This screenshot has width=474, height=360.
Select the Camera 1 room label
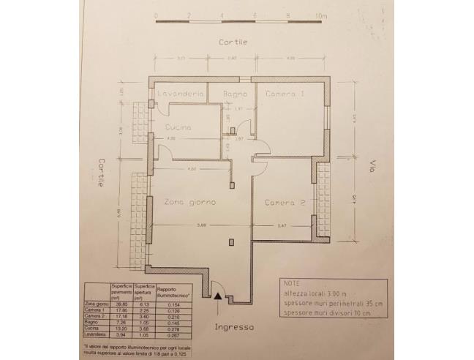point(284,95)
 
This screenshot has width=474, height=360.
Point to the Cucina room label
point(176,128)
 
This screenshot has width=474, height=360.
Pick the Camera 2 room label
point(285,203)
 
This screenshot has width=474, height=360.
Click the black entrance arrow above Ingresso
point(218,295)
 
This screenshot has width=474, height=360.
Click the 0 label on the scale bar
point(157,15)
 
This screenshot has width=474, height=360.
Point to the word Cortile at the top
point(233,42)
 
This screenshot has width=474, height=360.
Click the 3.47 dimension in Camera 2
point(283,225)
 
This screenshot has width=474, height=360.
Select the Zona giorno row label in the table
point(96,303)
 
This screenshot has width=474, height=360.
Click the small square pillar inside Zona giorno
point(230,240)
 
